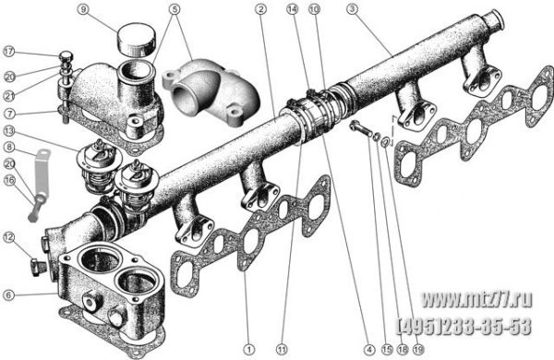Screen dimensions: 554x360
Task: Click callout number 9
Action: coord(83,9)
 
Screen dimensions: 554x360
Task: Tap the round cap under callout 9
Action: coord(137,40)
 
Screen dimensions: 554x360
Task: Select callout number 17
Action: coord(9,52)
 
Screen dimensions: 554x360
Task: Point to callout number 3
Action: coord(352,9)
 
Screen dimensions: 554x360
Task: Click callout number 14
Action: coord(292,9)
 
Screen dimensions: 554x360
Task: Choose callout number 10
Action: coord(314,9)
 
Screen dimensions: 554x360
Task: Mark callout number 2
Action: coord(260,9)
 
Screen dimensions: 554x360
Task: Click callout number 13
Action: coord(9,131)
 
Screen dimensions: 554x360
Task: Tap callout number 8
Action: coord(9,147)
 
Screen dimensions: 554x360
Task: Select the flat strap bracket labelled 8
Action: coord(42,173)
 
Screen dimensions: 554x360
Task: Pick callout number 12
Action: coord(9,237)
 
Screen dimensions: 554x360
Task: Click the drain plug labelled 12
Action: coord(37,268)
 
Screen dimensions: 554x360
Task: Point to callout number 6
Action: coord(9,294)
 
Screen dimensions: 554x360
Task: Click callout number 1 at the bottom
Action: coord(249,350)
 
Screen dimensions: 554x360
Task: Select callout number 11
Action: coord(282,350)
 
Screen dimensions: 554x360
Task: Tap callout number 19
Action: coord(418,350)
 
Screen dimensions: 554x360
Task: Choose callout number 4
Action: coord(369,350)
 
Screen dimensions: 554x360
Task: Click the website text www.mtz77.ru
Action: coord(477,300)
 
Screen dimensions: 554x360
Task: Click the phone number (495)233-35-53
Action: coord(464,326)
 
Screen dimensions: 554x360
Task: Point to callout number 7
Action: coord(9,114)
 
